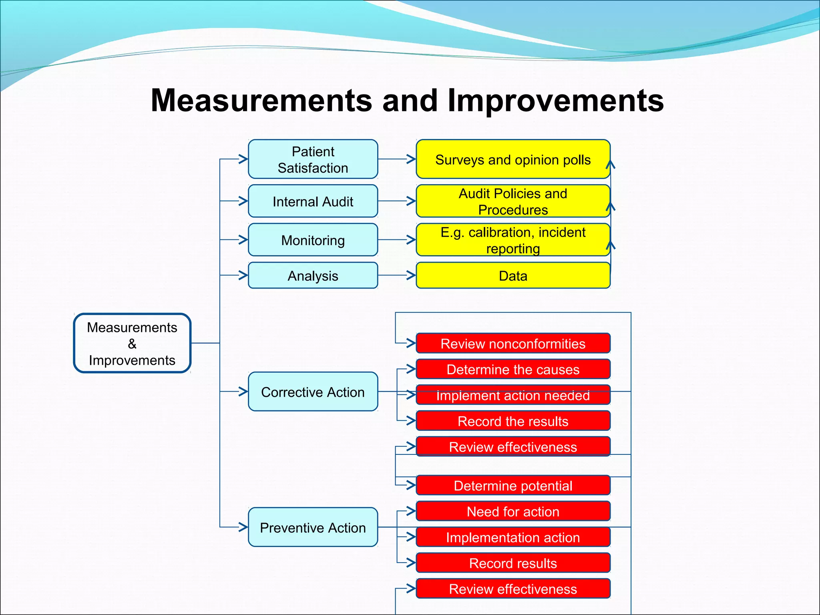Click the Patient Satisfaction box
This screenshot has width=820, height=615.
[313, 159]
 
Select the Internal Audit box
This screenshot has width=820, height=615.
[313, 201]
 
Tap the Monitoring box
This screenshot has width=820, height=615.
[313, 240]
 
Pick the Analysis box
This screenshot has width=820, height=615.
[313, 275]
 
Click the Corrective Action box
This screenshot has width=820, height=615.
[313, 392]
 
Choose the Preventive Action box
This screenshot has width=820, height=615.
[313, 527]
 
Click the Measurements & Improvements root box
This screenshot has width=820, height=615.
[132, 343]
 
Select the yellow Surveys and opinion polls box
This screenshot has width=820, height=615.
[513, 159]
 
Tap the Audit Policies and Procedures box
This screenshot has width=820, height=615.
[513, 201]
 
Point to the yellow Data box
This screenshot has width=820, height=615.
[513, 275]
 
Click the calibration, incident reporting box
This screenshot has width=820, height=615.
[513, 240]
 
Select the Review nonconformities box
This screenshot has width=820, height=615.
[513, 343]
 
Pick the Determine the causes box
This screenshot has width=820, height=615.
[513, 369]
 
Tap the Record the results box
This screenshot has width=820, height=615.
[513, 421]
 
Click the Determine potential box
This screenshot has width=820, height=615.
[513, 485]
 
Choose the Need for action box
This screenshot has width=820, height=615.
[513, 511]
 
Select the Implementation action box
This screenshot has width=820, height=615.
[513, 537]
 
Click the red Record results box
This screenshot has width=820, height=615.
[513, 563]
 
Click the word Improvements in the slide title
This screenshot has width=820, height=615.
[555, 100]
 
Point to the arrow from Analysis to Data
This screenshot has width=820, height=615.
[397, 275]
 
